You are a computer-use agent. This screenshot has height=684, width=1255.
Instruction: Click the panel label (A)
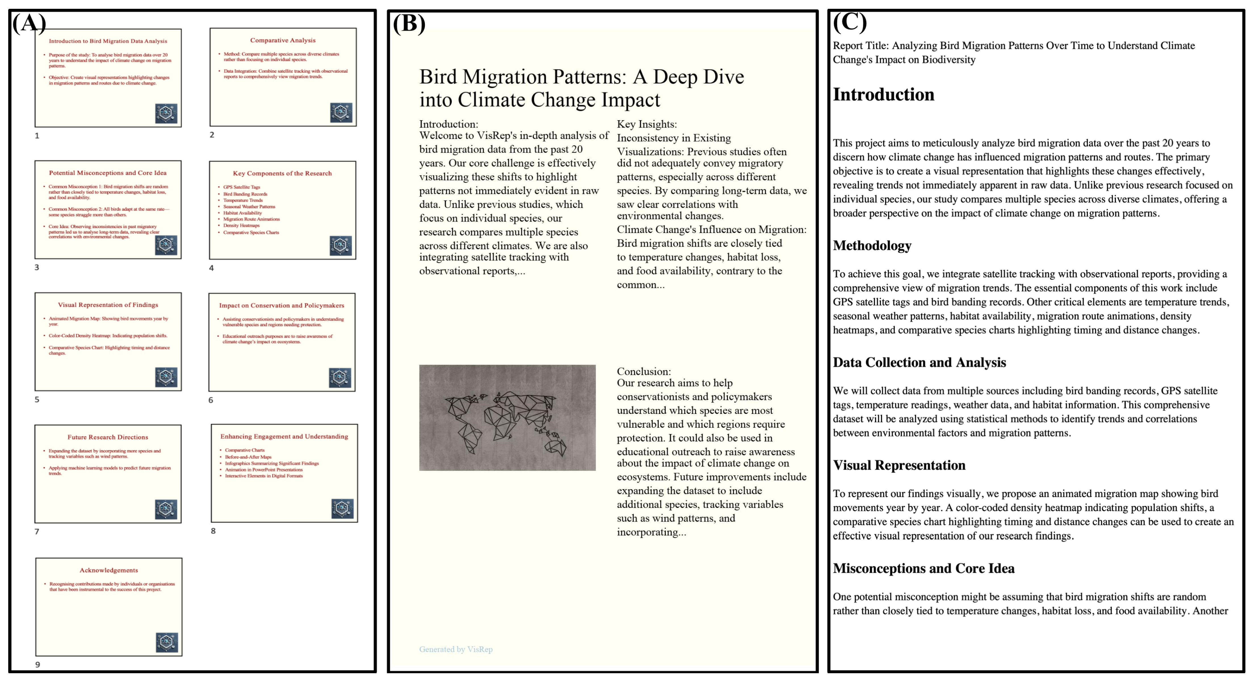tap(29, 23)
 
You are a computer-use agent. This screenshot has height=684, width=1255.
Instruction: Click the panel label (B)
tap(409, 23)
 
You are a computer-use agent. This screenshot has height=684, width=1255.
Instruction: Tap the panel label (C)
tap(850, 22)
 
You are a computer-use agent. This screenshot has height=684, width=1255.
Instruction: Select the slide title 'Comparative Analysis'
tap(283, 40)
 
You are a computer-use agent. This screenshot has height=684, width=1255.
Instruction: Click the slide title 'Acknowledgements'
tap(109, 570)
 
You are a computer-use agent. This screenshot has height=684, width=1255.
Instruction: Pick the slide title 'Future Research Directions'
tap(108, 437)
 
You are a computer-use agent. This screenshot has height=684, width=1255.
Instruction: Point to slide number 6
tap(211, 400)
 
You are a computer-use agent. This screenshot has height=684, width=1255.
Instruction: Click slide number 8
tap(213, 530)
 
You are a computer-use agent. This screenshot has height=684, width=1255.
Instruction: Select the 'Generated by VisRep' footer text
tap(456, 649)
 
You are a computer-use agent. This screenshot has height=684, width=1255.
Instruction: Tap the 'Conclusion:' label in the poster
tap(644, 371)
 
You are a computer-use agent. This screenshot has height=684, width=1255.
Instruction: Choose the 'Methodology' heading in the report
tap(872, 245)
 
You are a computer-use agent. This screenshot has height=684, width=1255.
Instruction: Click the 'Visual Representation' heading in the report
tap(899, 465)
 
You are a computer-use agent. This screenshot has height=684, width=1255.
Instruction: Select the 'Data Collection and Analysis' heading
tap(919, 362)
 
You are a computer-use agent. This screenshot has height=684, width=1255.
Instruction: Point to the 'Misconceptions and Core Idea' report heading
tap(923, 568)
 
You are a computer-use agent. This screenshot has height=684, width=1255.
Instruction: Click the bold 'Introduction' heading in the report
tap(883, 94)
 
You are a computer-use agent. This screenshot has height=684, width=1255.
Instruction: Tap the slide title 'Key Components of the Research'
tap(282, 173)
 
